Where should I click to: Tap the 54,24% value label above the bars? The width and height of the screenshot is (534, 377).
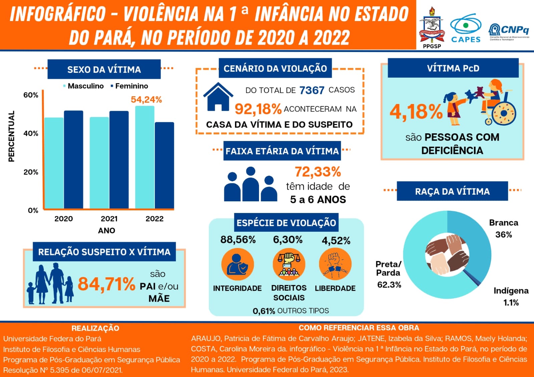(x=146, y=100)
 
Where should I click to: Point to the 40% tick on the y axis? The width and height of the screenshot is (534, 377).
(x=31, y=134)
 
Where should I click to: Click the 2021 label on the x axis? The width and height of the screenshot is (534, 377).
(x=109, y=219)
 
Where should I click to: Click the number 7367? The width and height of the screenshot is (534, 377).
(x=312, y=90)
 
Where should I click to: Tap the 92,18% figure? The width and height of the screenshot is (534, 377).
(x=258, y=109)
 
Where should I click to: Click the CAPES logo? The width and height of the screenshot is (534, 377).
(x=466, y=28)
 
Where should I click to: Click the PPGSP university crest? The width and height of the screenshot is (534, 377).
(x=432, y=27)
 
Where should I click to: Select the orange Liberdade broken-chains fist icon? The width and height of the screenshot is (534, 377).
(x=335, y=265)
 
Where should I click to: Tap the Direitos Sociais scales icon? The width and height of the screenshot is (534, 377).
(x=289, y=265)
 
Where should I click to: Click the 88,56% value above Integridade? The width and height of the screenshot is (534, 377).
(x=238, y=240)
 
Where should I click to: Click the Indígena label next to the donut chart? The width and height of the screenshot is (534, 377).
(x=511, y=291)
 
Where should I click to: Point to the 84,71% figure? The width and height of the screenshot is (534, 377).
(x=106, y=284)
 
